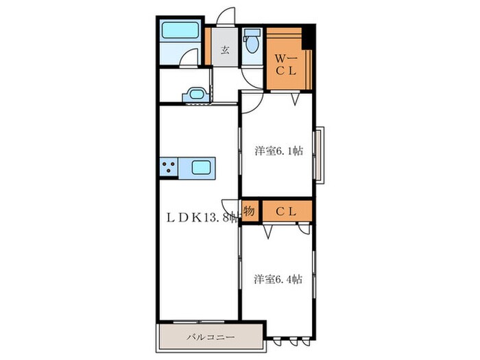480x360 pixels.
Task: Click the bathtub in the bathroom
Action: click(180, 30)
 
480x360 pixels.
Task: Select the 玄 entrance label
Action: click(225, 49)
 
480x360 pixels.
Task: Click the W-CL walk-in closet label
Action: click(286, 64)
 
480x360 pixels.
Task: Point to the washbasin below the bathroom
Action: click(196, 95)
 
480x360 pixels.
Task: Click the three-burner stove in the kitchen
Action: click(169, 167)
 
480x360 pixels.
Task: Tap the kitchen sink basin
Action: click(201, 167)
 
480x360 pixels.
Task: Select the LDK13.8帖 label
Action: click(202, 217)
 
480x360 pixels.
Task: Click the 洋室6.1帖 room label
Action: click(279, 151)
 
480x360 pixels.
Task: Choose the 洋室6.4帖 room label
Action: click(278, 280)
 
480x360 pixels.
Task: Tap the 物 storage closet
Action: click(250, 211)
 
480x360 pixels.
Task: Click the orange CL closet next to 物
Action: click(287, 211)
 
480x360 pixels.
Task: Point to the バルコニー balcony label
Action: click(211, 337)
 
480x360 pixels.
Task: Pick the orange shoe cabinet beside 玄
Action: click(208, 46)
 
